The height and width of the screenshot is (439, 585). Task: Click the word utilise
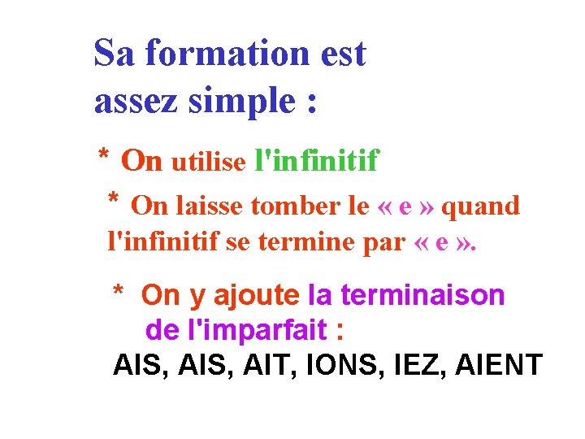tap(208, 163)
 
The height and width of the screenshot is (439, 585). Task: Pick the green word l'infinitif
tap(316, 161)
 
